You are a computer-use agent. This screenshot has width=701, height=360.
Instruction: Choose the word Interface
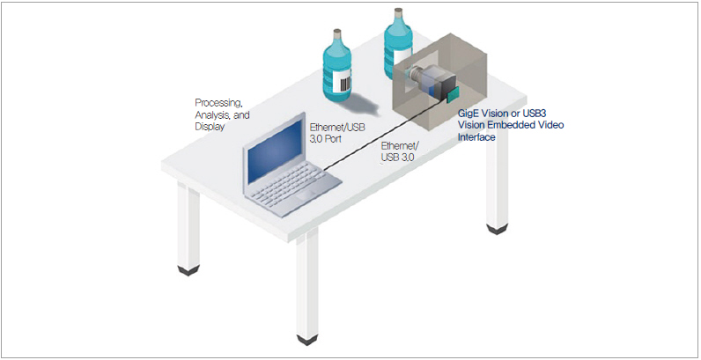click(476, 136)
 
